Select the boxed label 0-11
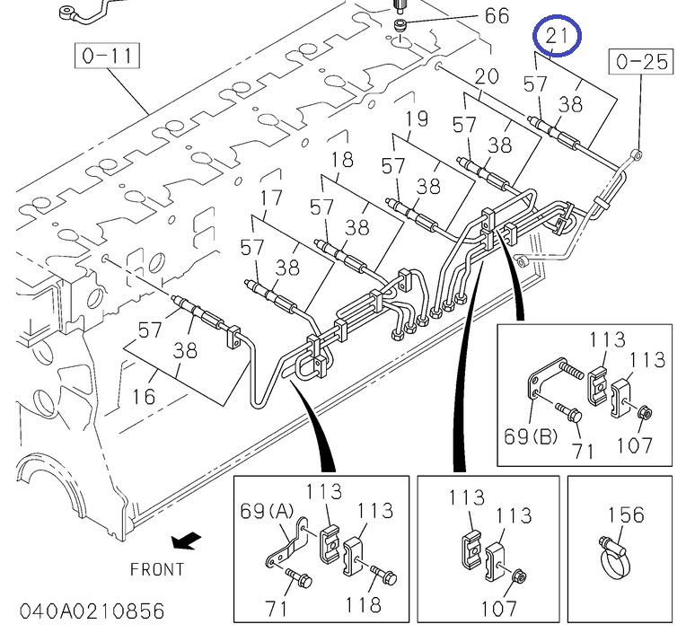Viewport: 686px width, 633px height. [x=107, y=57]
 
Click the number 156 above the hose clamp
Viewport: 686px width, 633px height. [x=626, y=515]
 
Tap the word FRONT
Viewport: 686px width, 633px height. [x=157, y=569]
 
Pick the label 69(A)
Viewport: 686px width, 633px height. [x=268, y=512]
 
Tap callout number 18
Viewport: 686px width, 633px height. [x=342, y=160]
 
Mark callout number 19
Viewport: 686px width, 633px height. [x=415, y=119]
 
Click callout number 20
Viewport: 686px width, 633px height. [x=486, y=76]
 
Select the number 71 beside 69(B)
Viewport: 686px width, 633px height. [x=583, y=450]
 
